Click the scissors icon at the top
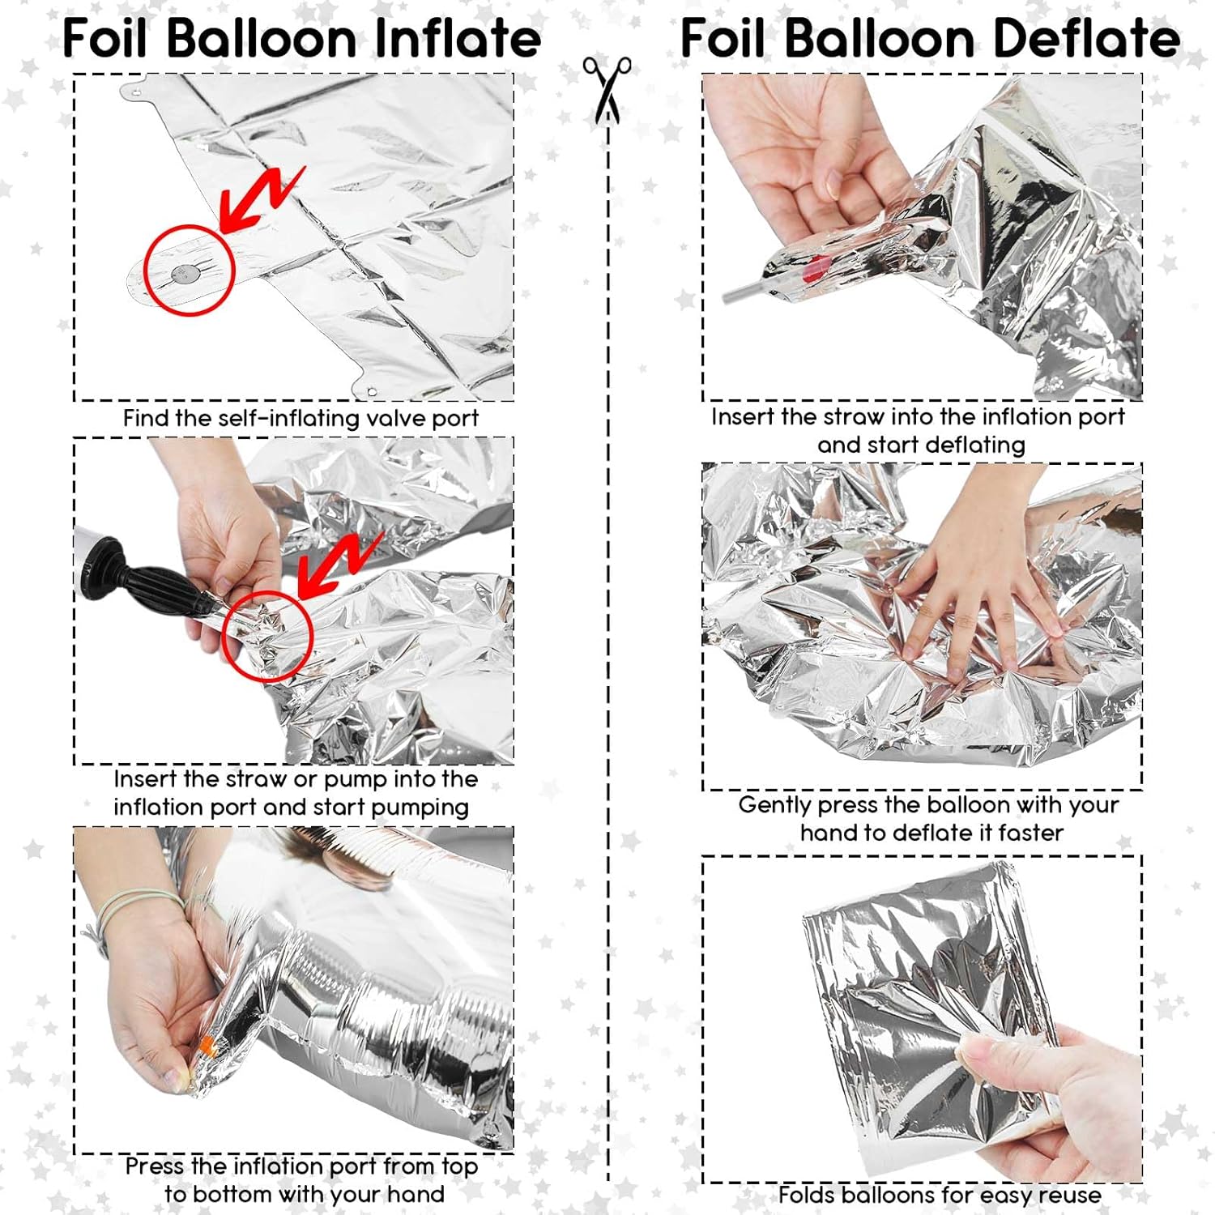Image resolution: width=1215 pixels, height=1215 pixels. click(x=607, y=89)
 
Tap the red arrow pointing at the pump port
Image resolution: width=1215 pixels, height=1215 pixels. click(x=339, y=565)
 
